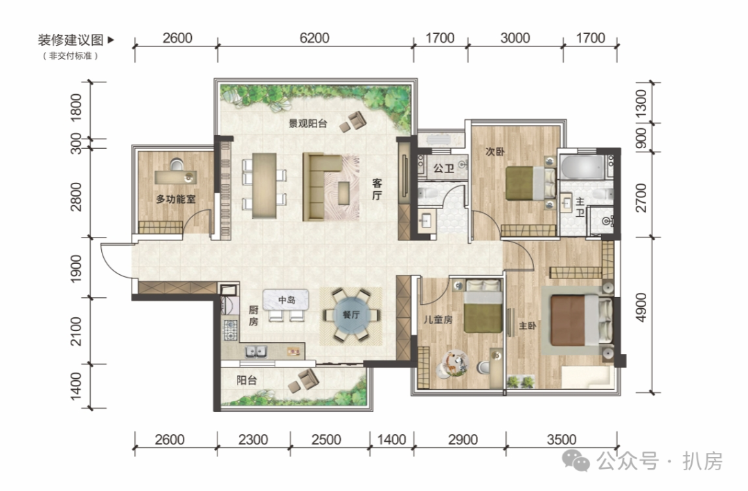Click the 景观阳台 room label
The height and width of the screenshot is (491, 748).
click(308, 123)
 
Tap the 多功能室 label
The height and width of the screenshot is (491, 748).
click(175, 199)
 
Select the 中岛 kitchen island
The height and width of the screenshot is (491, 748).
click(286, 300)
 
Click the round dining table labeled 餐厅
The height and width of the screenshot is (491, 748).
click(351, 315)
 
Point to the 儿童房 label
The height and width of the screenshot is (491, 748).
click(438, 319)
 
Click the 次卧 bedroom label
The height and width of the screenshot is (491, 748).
click(495, 151)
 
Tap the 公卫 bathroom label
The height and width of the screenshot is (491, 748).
click(443, 168)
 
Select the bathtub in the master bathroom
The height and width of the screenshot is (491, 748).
click(582, 166)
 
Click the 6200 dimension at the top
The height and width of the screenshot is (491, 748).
click(314, 37)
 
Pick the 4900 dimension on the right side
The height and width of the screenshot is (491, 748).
click(641, 307)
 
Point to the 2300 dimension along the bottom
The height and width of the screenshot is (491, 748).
click(253, 439)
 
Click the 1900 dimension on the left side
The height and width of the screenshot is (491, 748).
click(76, 269)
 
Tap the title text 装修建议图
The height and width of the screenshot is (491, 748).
click(71, 39)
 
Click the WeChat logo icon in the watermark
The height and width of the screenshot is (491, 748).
click(576, 460)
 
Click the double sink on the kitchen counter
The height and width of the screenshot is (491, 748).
click(256, 352)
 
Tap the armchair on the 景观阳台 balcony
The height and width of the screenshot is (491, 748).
click(353, 121)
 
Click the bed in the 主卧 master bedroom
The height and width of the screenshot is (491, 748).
click(581, 320)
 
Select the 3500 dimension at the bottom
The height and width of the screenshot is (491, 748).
click(562, 439)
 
